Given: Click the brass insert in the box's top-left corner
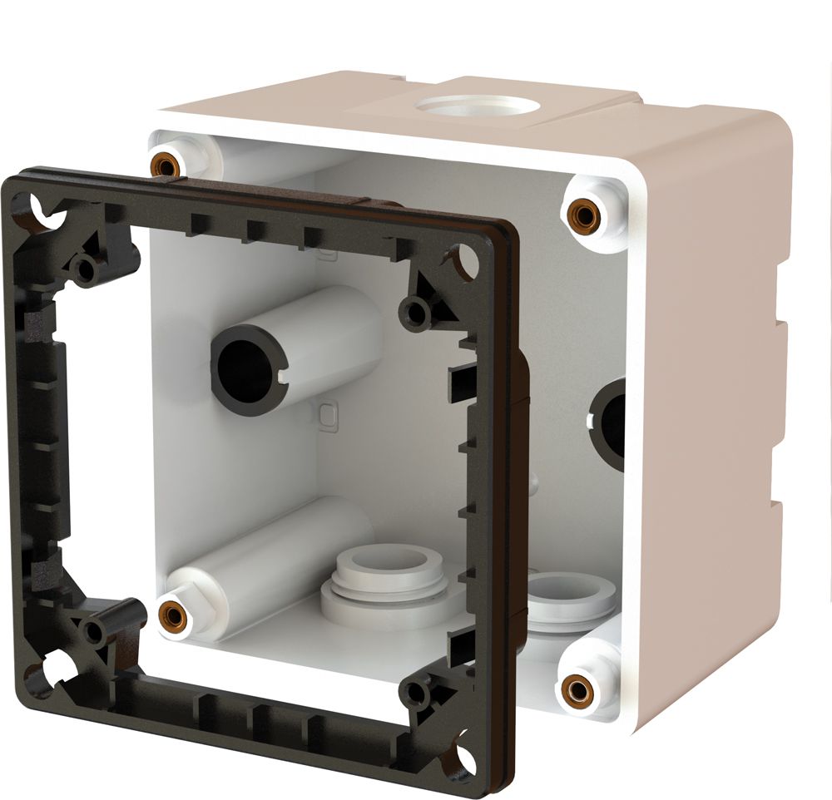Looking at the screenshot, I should point(164,164).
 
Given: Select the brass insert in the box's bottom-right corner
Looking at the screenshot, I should point(574,687).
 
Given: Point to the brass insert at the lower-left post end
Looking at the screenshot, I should point(172,614).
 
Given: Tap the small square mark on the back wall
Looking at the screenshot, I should point(328,413).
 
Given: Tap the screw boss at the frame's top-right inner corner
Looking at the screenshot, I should point(414,313).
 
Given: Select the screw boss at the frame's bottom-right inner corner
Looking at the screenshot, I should point(414,693).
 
